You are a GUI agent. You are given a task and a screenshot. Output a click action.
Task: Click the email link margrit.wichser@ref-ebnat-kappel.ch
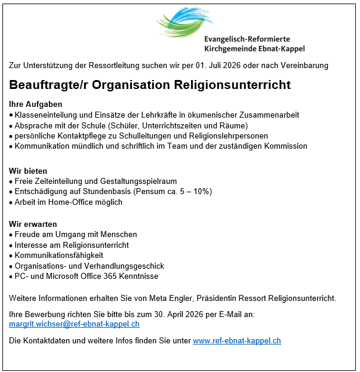click(x=74, y=324)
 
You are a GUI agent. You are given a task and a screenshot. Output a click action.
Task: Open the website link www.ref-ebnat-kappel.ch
click(x=236, y=341)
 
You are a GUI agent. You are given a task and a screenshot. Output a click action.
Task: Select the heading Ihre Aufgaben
click(x=36, y=104)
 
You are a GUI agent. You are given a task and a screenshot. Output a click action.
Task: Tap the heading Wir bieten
click(x=28, y=171)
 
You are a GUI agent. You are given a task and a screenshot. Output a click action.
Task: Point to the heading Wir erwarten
click(x=33, y=224)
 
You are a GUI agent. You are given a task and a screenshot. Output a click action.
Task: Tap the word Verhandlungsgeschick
click(x=125, y=266)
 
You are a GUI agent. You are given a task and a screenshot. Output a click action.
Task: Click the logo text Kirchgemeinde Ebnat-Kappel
click(x=254, y=48)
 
